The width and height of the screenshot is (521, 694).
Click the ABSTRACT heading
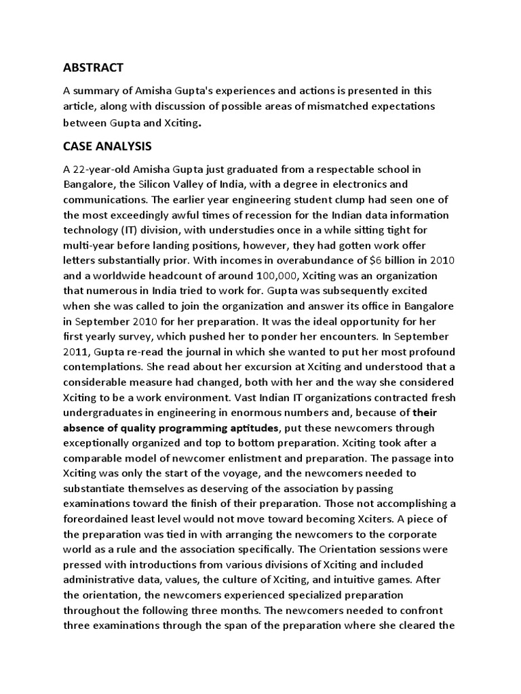(x=93, y=67)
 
